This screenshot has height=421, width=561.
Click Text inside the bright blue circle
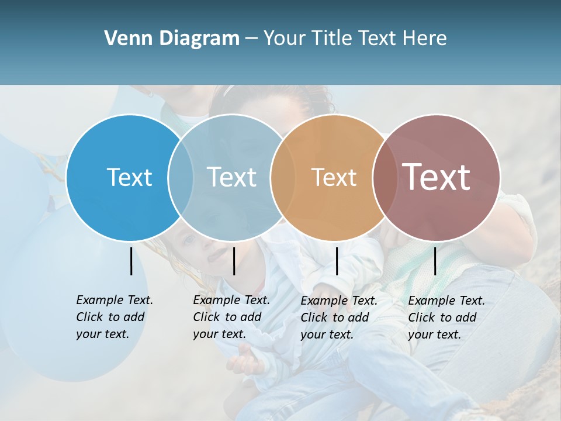tap(129, 177)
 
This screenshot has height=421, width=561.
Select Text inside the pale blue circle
tap(231, 177)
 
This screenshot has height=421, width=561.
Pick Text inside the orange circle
tap(334, 177)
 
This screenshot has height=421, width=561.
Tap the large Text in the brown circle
tap(437, 177)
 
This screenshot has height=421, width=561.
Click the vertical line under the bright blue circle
tap(131, 261)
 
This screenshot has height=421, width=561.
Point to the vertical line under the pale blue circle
tap(234, 261)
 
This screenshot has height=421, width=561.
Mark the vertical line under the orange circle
tap(337, 261)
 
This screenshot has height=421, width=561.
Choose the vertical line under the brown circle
tap(435, 261)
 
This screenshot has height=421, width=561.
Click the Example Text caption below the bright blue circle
tap(114, 317)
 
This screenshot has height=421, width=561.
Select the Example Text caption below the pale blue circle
tap(231, 317)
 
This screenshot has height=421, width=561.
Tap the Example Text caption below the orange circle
tap(338, 318)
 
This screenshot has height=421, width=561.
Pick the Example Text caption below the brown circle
tap(446, 318)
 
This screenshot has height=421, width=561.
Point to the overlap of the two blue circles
tap(181, 177)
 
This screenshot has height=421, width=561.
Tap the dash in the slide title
tap(251, 39)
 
